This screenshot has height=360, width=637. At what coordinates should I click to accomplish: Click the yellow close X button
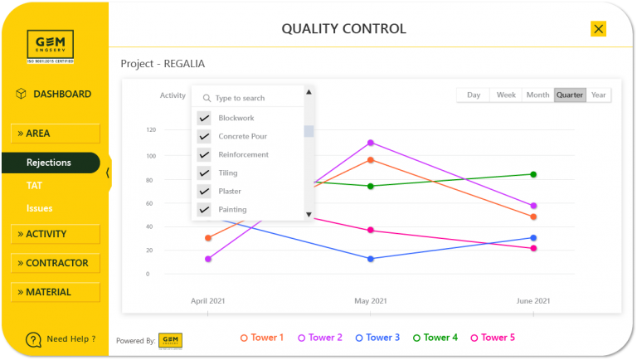click(x=598, y=29)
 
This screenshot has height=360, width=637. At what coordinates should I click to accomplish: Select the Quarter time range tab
click(x=570, y=95)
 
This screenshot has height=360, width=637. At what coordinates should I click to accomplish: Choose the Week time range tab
click(x=506, y=95)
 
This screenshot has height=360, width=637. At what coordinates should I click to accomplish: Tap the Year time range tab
click(x=598, y=95)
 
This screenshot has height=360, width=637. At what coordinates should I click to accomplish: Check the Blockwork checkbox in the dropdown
click(x=204, y=118)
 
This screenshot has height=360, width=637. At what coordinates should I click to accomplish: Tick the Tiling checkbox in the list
click(x=204, y=173)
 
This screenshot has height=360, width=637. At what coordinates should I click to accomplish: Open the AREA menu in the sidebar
click(x=55, y=134)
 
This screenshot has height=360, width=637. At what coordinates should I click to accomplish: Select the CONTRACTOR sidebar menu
click(x=55, y=263)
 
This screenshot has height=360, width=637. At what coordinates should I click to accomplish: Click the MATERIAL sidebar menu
click(x=55, y=292)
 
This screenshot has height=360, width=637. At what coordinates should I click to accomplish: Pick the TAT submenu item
click(x=34, y=186)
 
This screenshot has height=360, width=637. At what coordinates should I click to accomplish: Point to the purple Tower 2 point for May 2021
click(x=371, y=143)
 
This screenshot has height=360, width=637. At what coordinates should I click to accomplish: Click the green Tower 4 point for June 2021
click(x=533, y=174)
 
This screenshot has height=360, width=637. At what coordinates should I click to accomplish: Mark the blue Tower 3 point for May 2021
click(x=371, y=259)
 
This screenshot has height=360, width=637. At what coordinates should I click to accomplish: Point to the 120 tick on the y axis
click(x=150, y=129)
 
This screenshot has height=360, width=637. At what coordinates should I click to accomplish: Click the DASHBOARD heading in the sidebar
click(x=61, y=94)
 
